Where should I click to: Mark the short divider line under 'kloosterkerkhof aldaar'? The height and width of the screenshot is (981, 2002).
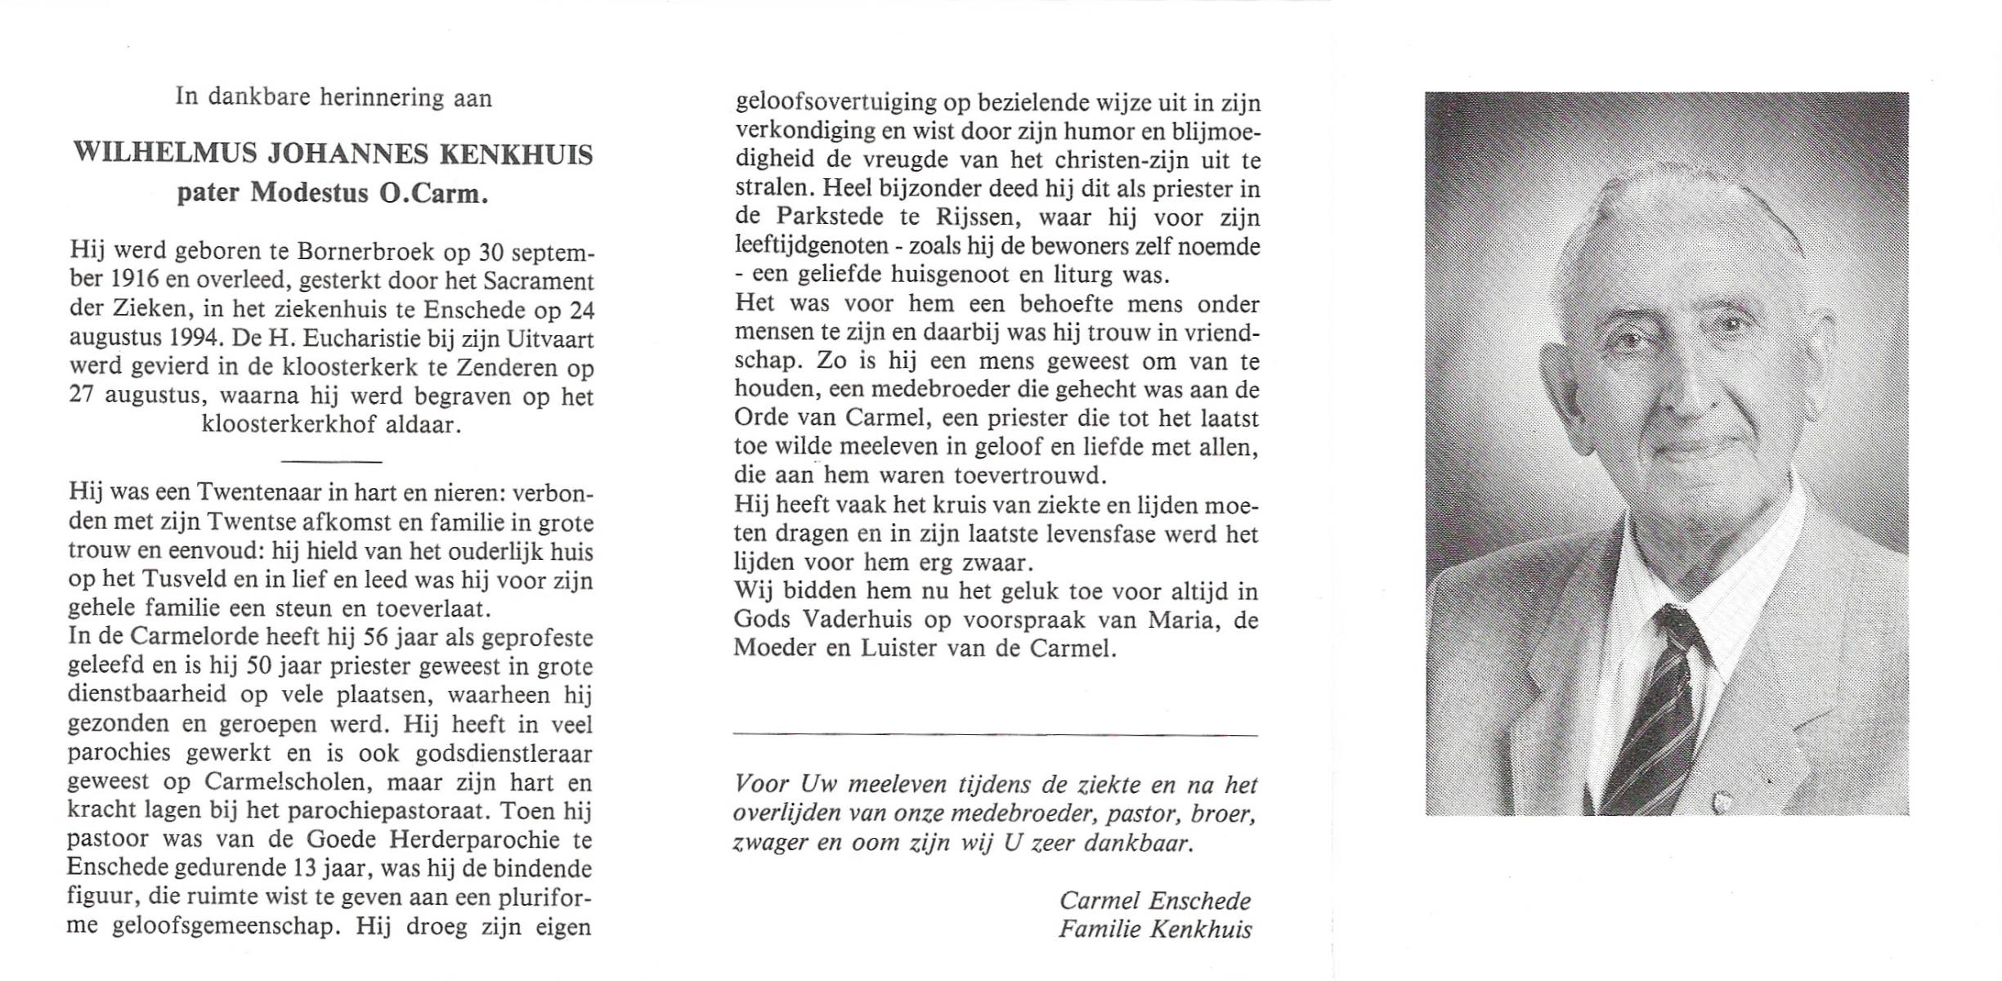tap(330, 462)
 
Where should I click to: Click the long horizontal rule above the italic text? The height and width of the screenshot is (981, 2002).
tap(995, 735)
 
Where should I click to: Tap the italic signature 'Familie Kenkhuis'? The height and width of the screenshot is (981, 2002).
tap(1155, 929)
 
